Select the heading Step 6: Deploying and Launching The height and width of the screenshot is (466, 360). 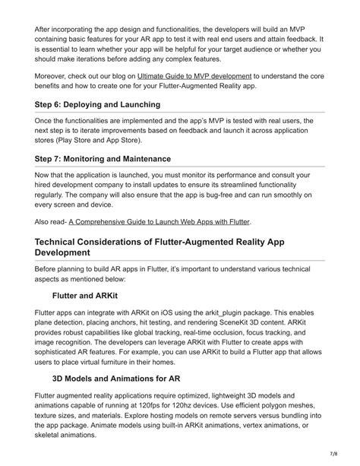pyautogui.click(x=97, y=104)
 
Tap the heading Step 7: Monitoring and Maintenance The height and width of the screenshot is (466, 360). pyautogui.click(x=103, y=159)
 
